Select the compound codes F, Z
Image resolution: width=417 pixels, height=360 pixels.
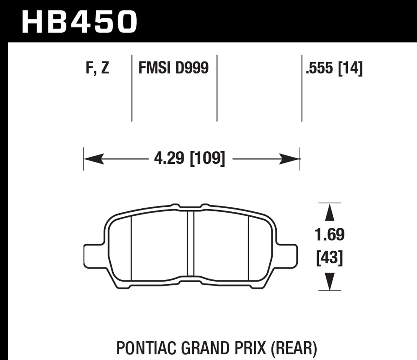[x=97, y=68]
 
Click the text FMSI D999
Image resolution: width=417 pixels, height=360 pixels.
[x=173, y=68]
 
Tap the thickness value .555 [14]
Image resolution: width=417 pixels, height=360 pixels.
[x=334, y=68]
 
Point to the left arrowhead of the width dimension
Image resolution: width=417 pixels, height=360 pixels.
[x=93, y=159]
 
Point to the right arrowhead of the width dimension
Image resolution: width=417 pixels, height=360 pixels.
[x=291, y=159]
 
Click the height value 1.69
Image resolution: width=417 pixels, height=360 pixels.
[x=329, y=235]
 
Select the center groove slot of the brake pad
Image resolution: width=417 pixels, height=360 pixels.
[x=191, y=243]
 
